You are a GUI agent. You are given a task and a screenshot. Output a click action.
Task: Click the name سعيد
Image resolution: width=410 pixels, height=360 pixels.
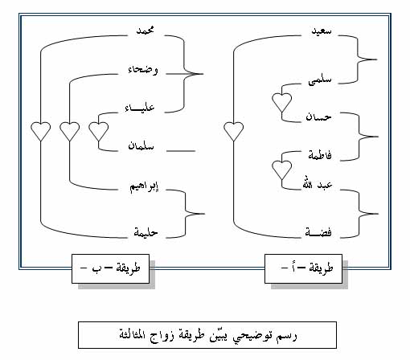point(322,31)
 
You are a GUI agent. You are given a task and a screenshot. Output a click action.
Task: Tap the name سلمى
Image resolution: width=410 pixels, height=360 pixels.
point(320,80)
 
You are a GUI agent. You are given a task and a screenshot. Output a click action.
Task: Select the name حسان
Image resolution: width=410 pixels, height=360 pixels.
point(318,117)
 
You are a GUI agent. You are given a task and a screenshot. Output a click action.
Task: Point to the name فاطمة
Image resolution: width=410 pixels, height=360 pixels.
point(320,155)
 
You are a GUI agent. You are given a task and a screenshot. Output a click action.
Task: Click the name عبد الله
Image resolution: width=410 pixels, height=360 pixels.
point(318,185)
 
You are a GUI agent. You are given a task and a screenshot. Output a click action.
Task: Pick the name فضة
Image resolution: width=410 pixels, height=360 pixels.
point(318,232)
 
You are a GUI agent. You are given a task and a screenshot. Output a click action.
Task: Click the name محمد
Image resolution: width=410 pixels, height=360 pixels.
point(146,31)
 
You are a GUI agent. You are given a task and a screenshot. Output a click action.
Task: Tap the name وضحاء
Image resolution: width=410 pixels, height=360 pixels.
point(143,70)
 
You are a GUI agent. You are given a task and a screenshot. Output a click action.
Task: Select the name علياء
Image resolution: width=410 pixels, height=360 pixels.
point(140,108)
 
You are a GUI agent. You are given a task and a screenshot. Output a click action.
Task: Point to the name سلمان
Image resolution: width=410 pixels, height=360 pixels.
point(141,146)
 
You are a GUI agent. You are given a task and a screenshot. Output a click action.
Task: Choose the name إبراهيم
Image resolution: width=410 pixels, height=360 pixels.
point(144,187)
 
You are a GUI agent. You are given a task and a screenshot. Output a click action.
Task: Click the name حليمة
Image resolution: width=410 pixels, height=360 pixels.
point(146,232)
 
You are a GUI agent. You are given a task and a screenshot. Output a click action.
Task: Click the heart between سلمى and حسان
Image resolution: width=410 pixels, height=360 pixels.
point(281,103)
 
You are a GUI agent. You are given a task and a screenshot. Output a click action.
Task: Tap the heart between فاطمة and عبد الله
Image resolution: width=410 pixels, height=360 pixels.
point(281,170)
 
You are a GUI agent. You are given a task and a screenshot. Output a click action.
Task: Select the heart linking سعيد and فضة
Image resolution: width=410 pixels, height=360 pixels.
point(234,131)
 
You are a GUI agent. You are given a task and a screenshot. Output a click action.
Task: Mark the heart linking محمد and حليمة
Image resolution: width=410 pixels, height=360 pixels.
point(40,131)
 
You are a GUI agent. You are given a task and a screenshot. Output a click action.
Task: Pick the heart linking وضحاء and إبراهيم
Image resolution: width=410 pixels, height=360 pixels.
point(70,131)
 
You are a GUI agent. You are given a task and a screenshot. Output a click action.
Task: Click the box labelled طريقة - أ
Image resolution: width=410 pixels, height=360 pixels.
point(303,268)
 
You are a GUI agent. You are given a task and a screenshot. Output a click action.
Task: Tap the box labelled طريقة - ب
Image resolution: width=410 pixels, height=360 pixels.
point(110,268)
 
